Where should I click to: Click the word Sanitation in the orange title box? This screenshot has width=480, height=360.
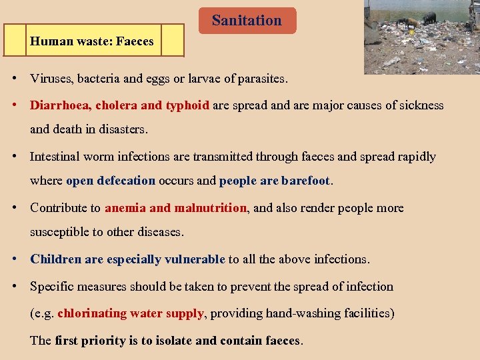247,21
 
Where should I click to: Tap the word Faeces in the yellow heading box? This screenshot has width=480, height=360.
135,41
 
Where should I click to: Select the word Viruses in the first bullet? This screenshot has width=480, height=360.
51,79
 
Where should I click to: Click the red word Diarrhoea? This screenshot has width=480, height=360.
61,105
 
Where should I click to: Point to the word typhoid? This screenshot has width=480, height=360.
187,105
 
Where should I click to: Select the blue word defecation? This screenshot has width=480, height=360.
126,181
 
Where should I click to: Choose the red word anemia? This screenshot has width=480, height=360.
125,208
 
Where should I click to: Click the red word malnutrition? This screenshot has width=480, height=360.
210,208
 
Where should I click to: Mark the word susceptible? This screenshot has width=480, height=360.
59,232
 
